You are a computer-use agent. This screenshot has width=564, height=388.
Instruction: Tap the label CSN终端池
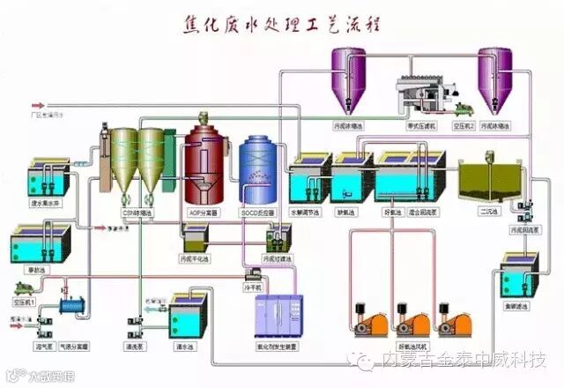point(140,213)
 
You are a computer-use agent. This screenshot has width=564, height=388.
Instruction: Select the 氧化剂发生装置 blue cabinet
point(279,319)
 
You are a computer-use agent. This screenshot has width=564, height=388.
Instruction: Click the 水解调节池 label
point(308,213)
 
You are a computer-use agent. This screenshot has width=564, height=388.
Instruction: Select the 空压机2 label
point(464,125)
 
